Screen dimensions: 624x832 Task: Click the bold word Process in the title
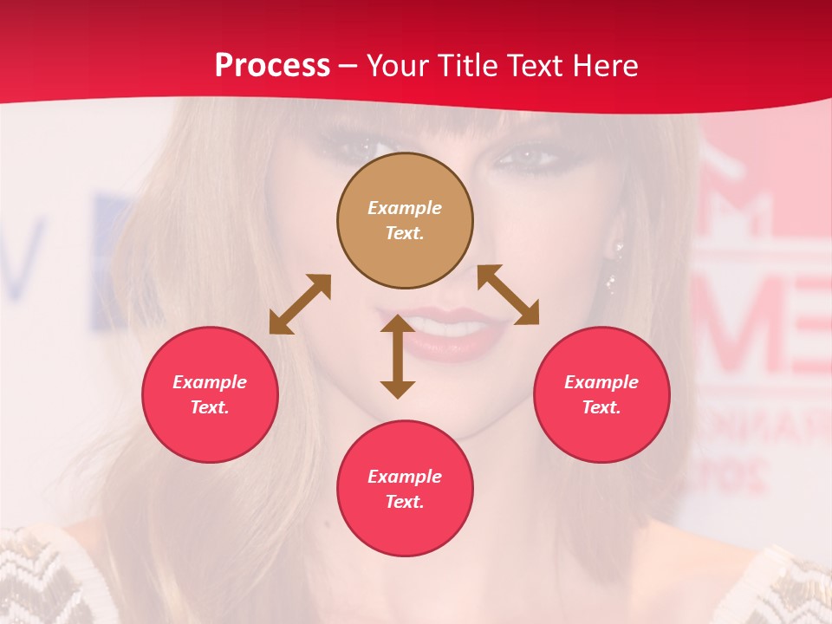[x=272, y=66]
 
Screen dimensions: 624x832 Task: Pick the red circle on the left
[x=210, y=394]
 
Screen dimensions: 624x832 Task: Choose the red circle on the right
[x=601, y=394]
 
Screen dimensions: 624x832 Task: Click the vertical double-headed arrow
[x=398, y=357]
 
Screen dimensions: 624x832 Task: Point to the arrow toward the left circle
[x=300, y=304]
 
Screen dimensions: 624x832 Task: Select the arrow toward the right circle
[x=508, y=295]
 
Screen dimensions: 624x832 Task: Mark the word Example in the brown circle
[x=405, y=208]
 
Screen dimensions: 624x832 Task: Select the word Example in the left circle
[x=210, y=382]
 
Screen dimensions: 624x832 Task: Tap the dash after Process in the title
[x=348, y=67]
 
